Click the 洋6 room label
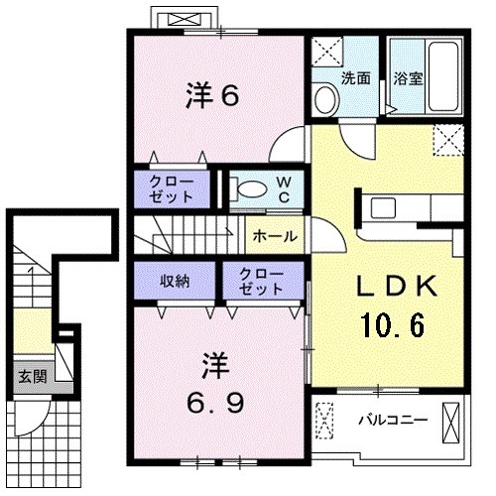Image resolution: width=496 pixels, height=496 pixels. (x=212, y=96)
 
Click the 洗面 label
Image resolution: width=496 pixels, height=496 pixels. (x=357, y=79)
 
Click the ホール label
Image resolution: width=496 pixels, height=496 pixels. (x=272, y=236)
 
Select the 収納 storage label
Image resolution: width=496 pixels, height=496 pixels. (x=176, y=282)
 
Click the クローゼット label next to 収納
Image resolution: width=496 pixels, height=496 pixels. (x=260, y=282)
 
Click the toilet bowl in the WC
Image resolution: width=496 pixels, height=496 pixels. (x=250, y=187)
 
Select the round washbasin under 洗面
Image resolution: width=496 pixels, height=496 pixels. (x=323, y=96)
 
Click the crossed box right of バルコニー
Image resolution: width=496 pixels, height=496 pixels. (x=452, y=421)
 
